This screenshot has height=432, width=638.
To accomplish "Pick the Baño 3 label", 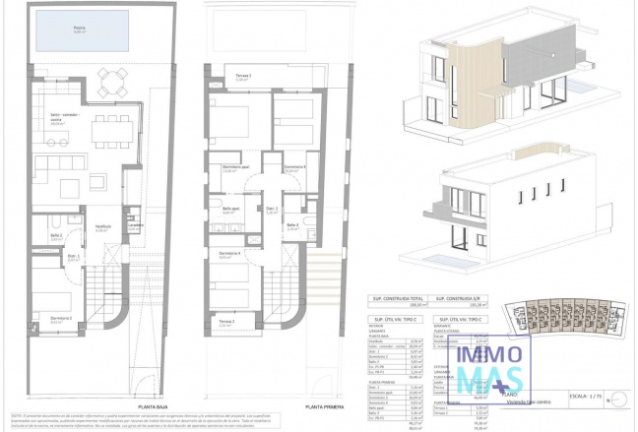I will pyautogui.click(x=292, y=225).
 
